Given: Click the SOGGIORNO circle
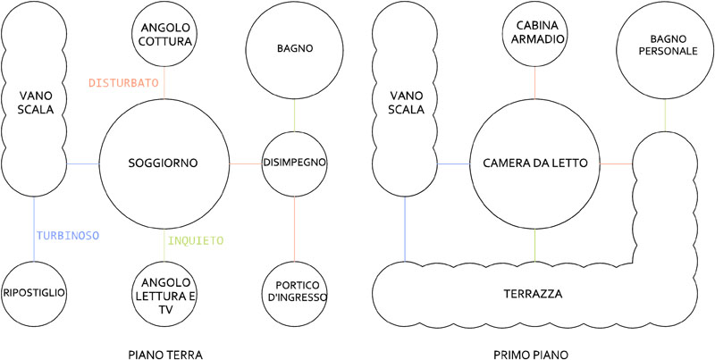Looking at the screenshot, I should coord(163,163).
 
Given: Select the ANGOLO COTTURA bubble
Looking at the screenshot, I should coord(164,34).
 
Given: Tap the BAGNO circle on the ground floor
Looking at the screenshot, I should coord(294,47).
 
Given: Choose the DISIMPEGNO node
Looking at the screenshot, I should coord(294,163).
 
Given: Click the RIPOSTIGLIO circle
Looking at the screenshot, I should coord(35,292).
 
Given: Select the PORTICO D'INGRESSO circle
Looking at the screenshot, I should coord(295,292).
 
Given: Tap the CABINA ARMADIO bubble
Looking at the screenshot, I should coord(534,34).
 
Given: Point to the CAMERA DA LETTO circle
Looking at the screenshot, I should coord(534,163).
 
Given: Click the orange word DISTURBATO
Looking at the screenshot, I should coord(123,83).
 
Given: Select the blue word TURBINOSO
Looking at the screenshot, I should coord(68,236).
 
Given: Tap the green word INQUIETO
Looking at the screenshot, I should coord(196,240).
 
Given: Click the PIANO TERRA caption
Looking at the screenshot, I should coord(164,355).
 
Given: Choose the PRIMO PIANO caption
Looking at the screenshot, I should coord(534,355).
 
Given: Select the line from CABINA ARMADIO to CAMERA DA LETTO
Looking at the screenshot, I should coord(534,82).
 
